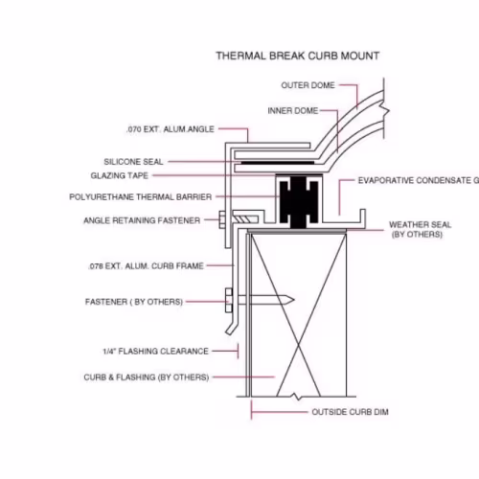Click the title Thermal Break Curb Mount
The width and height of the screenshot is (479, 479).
tap(298, 56)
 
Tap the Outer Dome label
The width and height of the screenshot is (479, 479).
tap(308, 85)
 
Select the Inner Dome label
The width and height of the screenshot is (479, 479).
tap(293, 111)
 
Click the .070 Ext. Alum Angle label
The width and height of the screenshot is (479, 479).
tap(171, 129)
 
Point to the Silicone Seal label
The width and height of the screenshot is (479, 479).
tap(133, 162)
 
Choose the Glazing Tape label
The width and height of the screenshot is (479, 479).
tap(120, 175)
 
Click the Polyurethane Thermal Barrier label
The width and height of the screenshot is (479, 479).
tap(141, 196)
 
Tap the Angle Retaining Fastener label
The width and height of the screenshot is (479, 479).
tap(142, 220)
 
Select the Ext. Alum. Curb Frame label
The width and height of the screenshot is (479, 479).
tap(146, 266)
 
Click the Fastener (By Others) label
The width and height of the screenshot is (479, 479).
tap(134, 302)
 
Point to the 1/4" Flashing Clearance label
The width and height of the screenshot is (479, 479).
tap(155, 352)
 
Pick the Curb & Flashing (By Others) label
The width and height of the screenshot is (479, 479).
tap(147, 377)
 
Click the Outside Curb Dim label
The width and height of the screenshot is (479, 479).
tap(350, 412)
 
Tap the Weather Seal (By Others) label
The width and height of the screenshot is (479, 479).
tap(420, 229)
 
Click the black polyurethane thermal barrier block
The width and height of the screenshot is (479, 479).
tap(299, 202)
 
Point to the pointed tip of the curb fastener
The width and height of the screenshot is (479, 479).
tap(294, 300)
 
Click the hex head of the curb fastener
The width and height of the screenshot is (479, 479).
tap(229, 300)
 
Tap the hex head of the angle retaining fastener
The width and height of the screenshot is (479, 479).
tap(222, 219)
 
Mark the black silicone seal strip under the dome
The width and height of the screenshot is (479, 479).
tap(278, 163)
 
